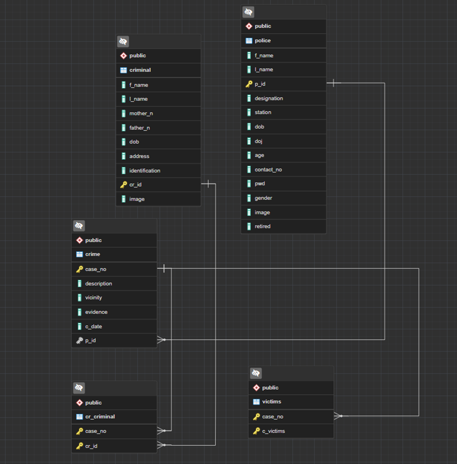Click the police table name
pyautogui.click(x=263, y=40)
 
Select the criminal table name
pyautogui.click(x=140, y=70)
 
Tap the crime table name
pyautogui.click(x=93, y=254)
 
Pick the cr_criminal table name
pyautogui.click(x=100, y=416)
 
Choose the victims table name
pyautogui.click(x=272, y=401)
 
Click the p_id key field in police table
pyautogui.click(x=260, y=84)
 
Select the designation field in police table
pyautogui.click(x=268, y=98)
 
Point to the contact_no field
pyautogui.click(x=268, y=170)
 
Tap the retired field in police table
pyautogui.click(x=262, y=226)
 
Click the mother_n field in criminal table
pyautogui.click(x=141, y=113)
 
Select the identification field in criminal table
pyautogui.click(x=145, y=171)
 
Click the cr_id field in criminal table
pyautogui.click(x=135, y=184)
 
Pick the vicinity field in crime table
pyautogui.click(x=94, y=297)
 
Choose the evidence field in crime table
pyautogui.click(x=96, y=312)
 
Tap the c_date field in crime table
pyautogui.click(x=94, y=326)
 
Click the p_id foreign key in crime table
pyautogui.click(x=91, y=340)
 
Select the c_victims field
pyautogui.click(x=273, y=431)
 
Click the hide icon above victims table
pyautogui.click(x=256, y=373)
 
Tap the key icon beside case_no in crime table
pyautogui.click(x=79, y=269)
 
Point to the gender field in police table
pyautogui.click(x=263, y=198)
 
